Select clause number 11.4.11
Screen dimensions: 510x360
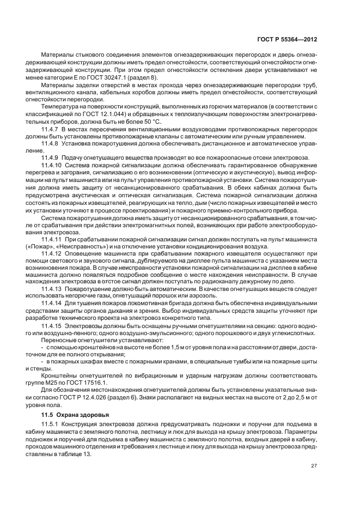click(52, 239)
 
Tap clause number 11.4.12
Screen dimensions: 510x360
click(52, 254)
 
